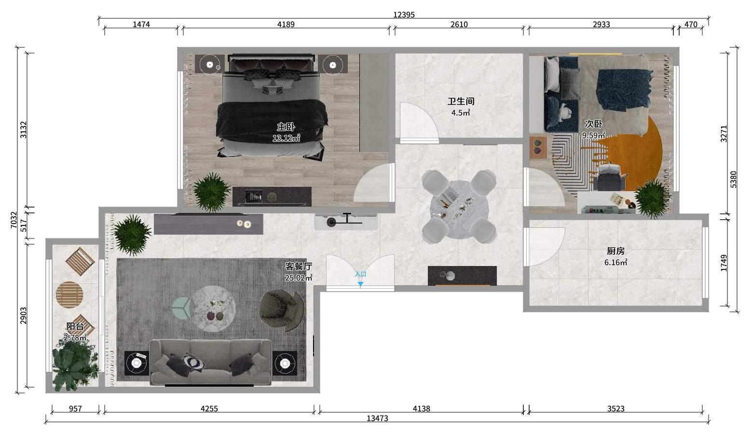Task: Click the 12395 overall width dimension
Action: click(404, 15)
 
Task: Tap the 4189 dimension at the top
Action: click(286, 25)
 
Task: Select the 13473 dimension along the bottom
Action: click(377, 418)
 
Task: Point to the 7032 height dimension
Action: click(14, 220)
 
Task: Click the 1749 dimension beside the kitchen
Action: click(724, 263)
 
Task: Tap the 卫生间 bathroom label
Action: click(461, 101)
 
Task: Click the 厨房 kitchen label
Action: click(615, 251)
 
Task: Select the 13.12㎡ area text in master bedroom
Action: click(287, 138)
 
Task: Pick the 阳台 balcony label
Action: click(75, 326)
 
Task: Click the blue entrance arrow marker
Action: click(360, 284)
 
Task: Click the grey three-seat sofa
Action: click(210, 362)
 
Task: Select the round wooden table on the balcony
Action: click(69, 295)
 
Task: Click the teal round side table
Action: click(183, 308)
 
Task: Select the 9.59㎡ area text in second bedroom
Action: click(593, 135)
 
